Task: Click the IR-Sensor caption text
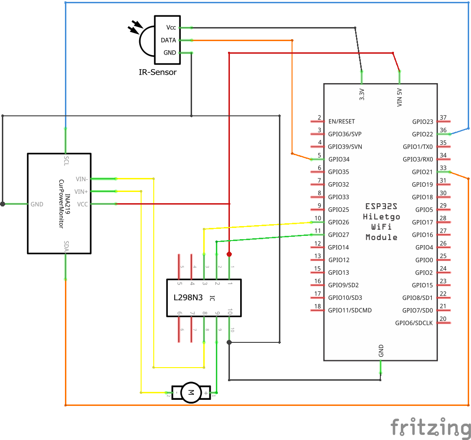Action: (x=158, y=72)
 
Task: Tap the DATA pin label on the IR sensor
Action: (x=168, y=41)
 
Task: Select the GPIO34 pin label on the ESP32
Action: (x=339, y=160)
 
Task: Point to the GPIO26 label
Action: (x=339, y=222)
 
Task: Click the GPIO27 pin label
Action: (x=339, y=235)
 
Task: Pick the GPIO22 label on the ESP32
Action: (x=422, y=135)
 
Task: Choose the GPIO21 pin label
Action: (x=422, y=172)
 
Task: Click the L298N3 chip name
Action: (x=188, y=298)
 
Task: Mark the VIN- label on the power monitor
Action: (x=82, y=179)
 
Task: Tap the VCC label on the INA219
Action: (x=82, y=205)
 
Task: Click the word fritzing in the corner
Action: (x=430, y=427)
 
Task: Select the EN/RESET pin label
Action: (x=342, y=122)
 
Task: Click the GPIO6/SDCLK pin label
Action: (x=414, y=323)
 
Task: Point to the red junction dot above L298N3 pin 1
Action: (x=229, y=254)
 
